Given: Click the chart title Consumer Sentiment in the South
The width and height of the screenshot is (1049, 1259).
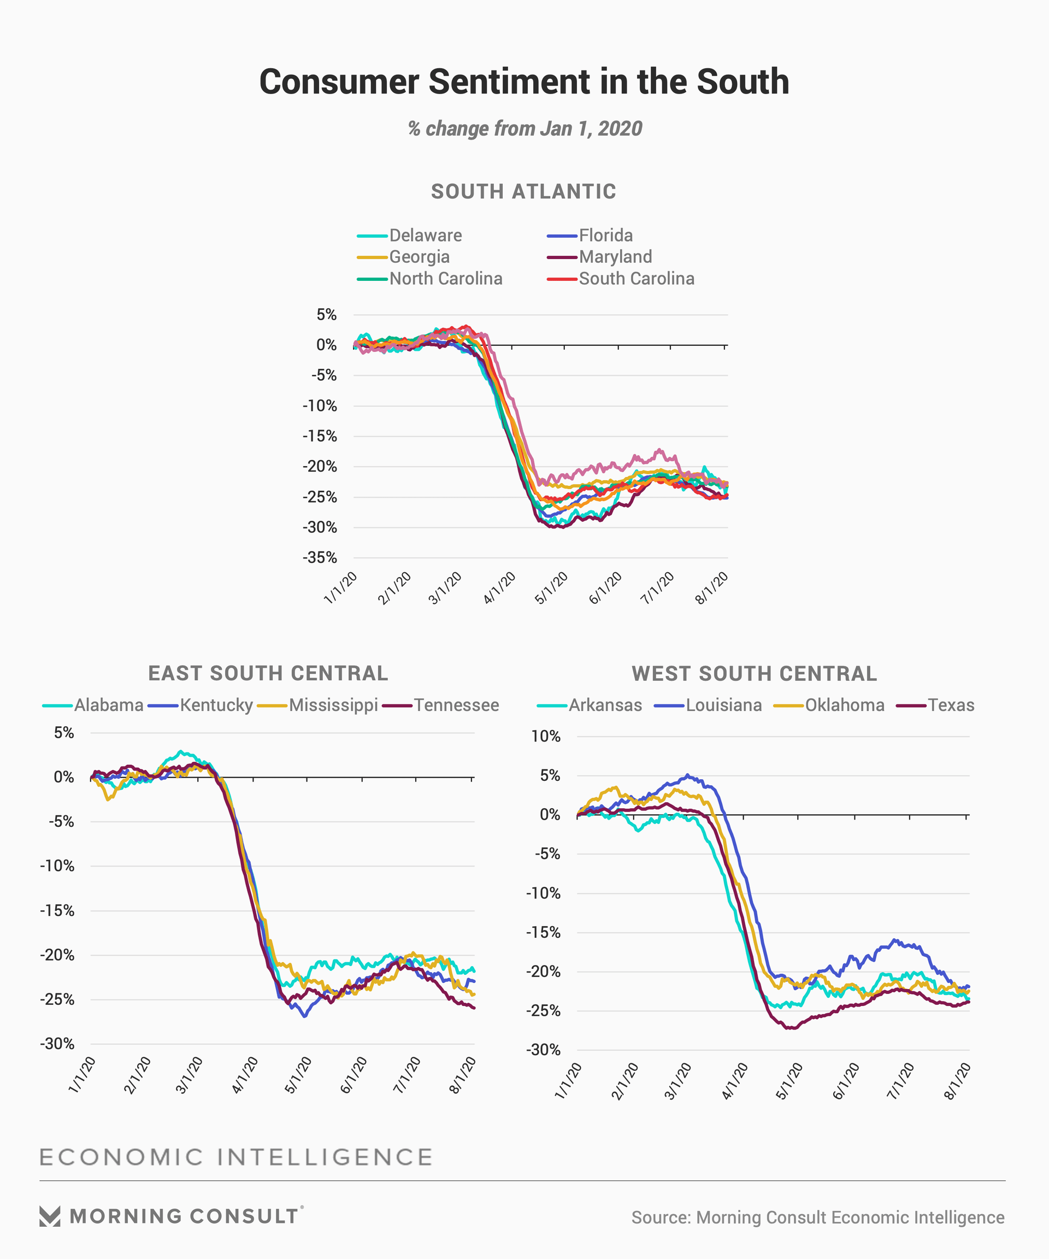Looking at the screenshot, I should pos(524,81).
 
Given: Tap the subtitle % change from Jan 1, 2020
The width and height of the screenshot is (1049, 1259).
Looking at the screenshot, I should pos(524,128).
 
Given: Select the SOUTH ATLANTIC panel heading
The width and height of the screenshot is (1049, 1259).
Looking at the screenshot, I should pos(523,191).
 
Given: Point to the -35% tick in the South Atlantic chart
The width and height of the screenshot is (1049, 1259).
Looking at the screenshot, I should pos(320,557).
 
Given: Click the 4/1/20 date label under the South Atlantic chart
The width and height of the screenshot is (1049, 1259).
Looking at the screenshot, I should pos(500,587).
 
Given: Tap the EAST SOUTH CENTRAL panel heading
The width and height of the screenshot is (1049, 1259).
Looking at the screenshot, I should pos(268,673).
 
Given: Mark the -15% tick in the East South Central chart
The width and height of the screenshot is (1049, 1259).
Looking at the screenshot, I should pos(57,911).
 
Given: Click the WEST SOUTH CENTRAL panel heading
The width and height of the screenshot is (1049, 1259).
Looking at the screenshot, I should pos(754,674).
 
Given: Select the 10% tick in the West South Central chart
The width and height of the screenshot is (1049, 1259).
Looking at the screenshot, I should pos(545,736).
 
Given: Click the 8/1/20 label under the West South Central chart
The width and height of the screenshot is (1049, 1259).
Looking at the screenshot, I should pos(957,1080).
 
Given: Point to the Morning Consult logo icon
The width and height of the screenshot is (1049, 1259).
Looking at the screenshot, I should pos(50,1216).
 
